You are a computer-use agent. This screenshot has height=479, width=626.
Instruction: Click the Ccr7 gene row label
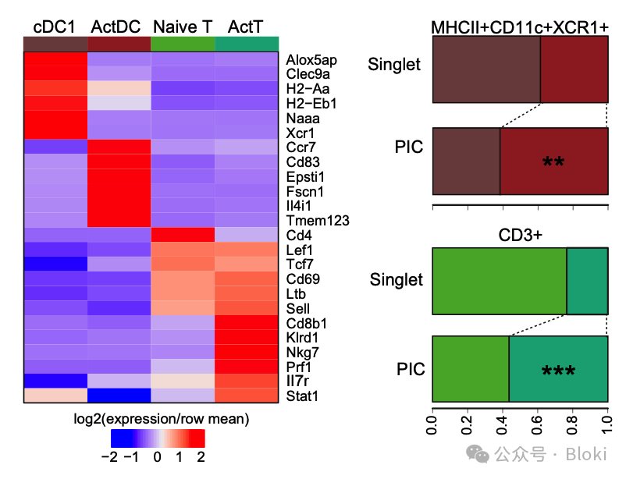[300, 147]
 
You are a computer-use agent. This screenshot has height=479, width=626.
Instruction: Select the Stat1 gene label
[301, 396]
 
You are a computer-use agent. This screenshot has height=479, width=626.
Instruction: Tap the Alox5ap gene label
[311, 59]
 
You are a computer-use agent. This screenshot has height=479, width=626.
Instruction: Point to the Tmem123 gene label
[317, 221]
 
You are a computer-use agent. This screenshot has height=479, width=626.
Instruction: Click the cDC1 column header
[55, 27]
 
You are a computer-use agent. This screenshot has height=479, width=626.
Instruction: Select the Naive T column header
[183, 27]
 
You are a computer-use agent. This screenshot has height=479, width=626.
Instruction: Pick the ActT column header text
[246, 27]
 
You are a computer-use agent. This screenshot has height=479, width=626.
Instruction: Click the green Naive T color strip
[183, 43]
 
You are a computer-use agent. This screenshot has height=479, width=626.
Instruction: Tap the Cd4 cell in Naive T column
[183, 235]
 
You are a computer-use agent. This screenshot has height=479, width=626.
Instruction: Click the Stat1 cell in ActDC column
[119, 396]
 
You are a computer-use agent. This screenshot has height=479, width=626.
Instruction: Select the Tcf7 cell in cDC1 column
[55, 264]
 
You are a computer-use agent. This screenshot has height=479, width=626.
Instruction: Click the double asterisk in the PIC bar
[553, 162]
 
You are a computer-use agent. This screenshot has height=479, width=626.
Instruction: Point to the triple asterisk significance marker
[558, 371]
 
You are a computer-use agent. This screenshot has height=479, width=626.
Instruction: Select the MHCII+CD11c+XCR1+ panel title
[520, 27]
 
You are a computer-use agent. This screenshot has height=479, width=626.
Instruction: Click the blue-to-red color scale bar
[158, 437]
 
